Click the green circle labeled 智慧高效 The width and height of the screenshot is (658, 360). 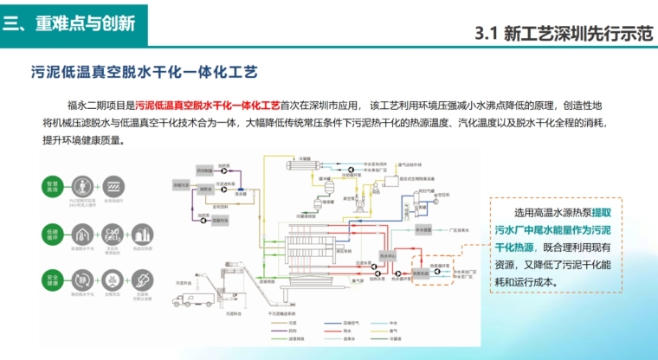click(53, 187)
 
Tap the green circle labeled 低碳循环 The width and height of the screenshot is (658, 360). click(53, 235)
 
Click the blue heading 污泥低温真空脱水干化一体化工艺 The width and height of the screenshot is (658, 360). click(144, 71)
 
